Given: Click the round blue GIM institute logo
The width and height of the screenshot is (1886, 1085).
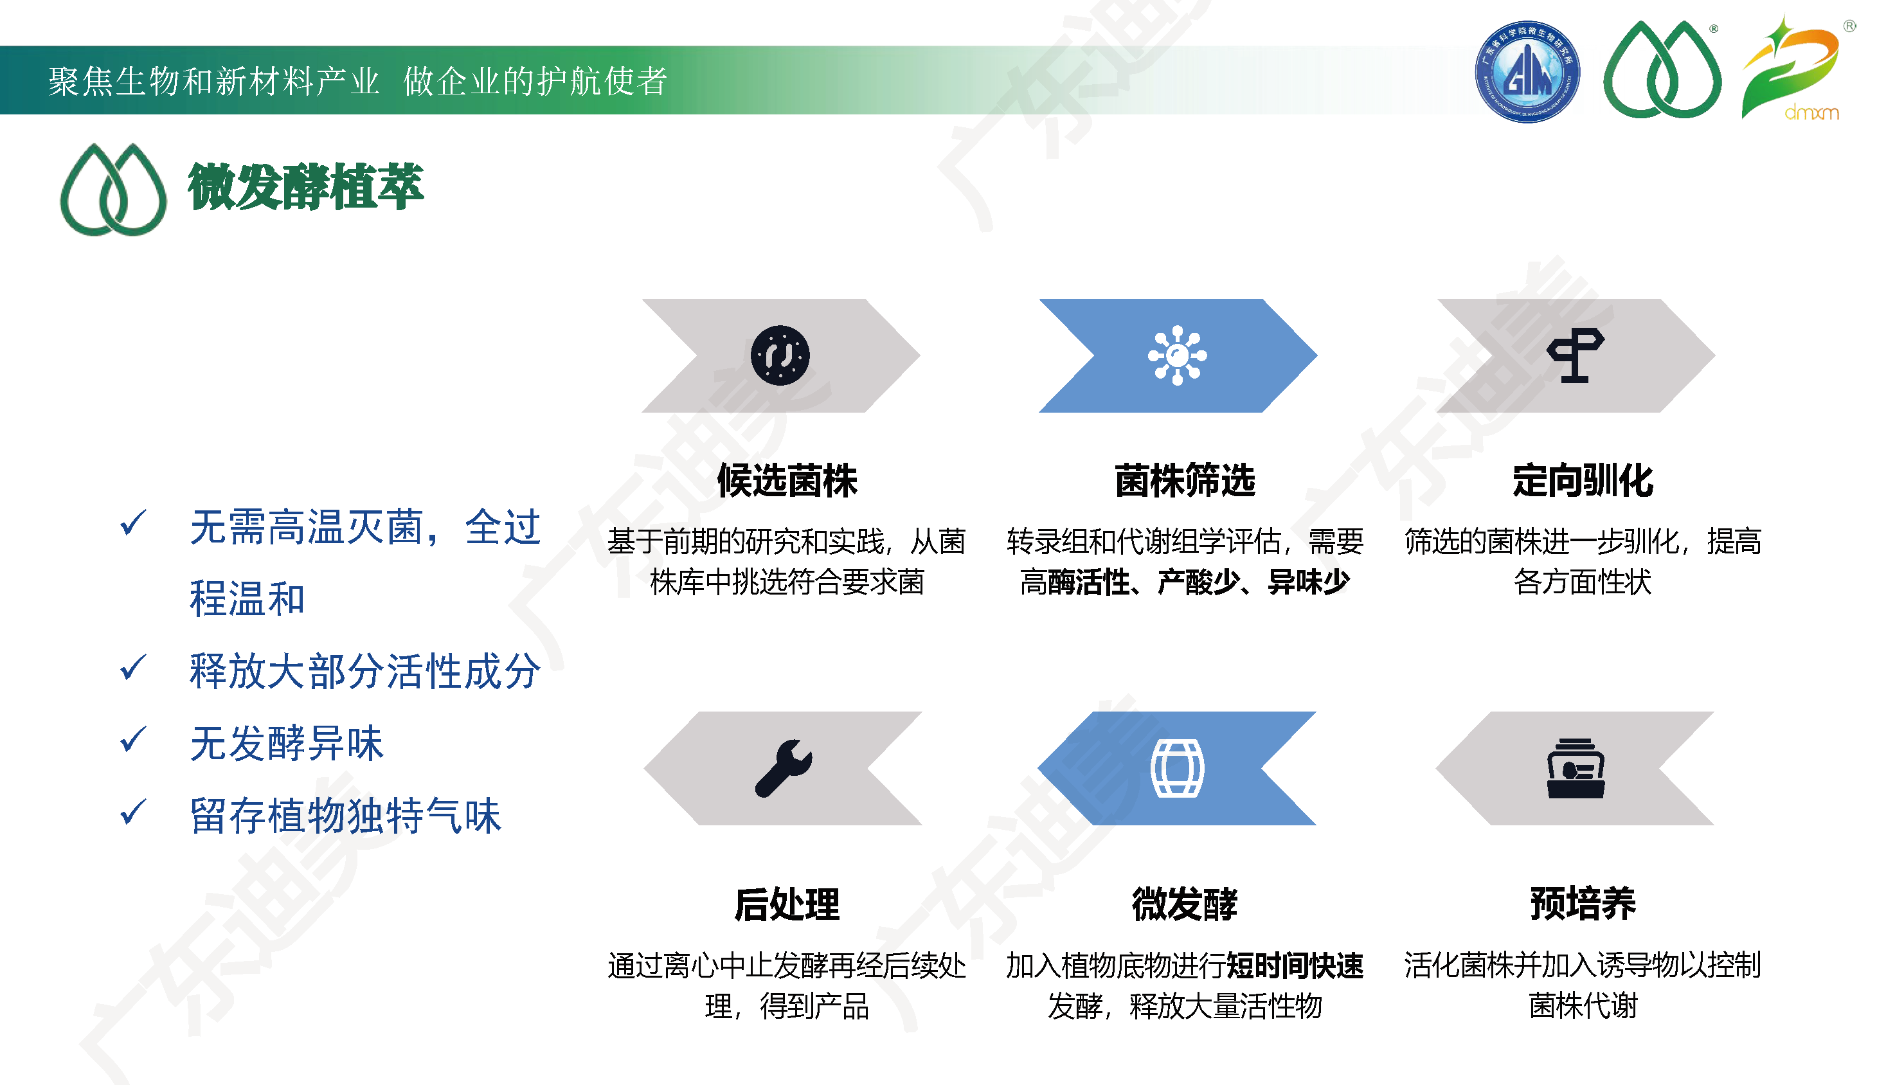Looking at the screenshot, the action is pyautogui.click(x=1527, y=71).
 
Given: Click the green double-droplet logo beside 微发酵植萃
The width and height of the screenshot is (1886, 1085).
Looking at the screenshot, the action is pyautogui.click(x=113, y=189).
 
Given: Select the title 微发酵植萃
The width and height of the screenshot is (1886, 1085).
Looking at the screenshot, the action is pyautogui.click(x=305, y=187).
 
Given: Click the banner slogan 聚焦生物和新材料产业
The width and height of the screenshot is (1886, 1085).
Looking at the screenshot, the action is pyautogui.click(x=214, y=81).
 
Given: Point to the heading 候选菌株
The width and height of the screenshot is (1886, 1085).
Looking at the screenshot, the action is pyautogui.click(x=787, y=480).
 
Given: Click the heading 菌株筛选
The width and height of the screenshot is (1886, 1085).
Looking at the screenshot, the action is pyautogui.click(x=1185, y=480).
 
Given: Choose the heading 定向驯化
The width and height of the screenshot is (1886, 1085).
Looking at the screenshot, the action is pyautogui.click(x=1583, y=480).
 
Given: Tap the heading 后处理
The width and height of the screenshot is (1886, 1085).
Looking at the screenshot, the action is pyautogui.click(x=787, y=904).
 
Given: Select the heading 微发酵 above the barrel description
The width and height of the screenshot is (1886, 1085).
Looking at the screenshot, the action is pyautogui.click(x=1185, y=904).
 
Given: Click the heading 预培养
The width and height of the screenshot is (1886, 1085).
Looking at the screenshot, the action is pyautogui.click(x=1583, y=904).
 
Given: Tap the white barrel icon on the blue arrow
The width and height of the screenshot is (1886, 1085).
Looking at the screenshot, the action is pyautogui.click(x=1178, y=768).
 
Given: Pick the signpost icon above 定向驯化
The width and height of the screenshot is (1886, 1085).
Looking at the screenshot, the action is pyautogui.click(x=1576, y=355).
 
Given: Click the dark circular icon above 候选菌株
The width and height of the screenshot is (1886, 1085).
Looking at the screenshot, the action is pyautogui.click(x=780, y=355).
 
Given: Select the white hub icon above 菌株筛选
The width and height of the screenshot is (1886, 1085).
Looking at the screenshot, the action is pyautogui.click(x=1178, y=355).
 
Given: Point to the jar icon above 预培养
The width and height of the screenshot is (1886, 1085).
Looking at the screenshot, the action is pyautogui.click(x=1576, y=768).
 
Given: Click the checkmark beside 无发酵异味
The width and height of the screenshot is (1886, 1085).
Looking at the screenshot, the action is pyautogui.click(x=134, y=740).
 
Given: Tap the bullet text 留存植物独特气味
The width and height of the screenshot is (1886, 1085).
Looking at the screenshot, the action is pyautogui.click(x=346, y=815).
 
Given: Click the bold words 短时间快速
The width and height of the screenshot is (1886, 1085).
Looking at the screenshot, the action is pyautogui.click(x=1295, y=966).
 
